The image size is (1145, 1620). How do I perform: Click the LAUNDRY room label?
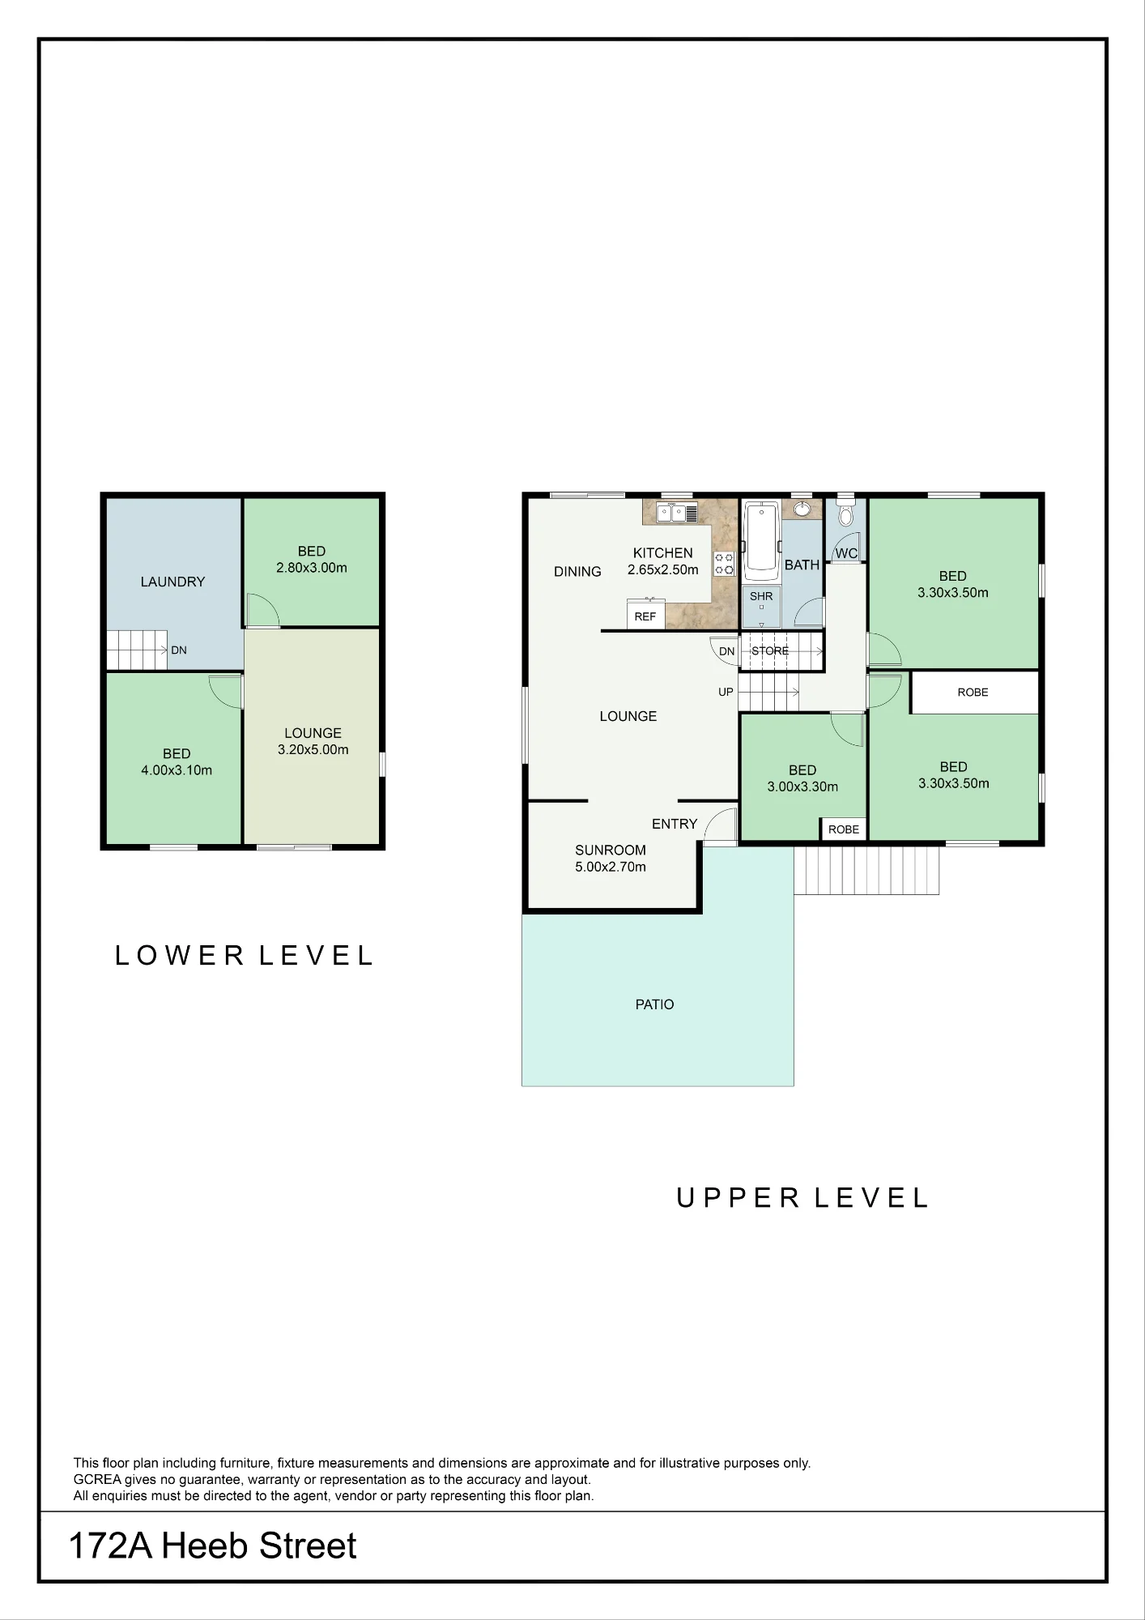[172, 582]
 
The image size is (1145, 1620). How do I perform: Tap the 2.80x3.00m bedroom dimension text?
[312, 568]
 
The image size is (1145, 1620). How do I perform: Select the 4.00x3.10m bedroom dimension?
[177, 770]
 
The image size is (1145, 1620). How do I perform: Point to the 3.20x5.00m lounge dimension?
[313, 750]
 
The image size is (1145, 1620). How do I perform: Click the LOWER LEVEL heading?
[244, 956]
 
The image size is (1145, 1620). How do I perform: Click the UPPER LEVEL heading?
[802, 1198]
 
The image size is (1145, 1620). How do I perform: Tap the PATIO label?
[654, 1004]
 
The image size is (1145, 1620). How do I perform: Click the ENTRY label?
[675, 824]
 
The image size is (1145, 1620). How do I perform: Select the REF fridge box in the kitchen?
[645, 613]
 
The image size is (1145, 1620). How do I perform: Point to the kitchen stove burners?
[724, 564]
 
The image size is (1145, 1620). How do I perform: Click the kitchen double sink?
[678, 513]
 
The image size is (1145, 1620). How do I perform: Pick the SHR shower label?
[761, 596]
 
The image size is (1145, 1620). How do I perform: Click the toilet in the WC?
[845, 514]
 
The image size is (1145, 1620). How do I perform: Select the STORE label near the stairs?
[770, 650]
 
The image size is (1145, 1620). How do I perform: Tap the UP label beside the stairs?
[726, 692]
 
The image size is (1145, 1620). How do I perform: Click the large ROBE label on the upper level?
[973, 693]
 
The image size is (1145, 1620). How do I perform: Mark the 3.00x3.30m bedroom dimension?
[802, 787]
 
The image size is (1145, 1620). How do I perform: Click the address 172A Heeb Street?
[213, 1546]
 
